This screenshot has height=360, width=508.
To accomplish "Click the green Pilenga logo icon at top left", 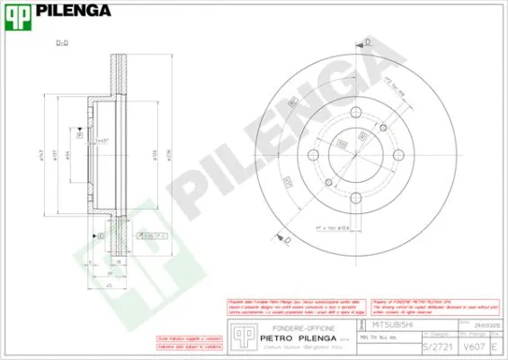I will click(21, 13).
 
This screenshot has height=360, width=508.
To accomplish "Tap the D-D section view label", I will click(62, 42).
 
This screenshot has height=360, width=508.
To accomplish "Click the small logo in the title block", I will click(240, 336).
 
